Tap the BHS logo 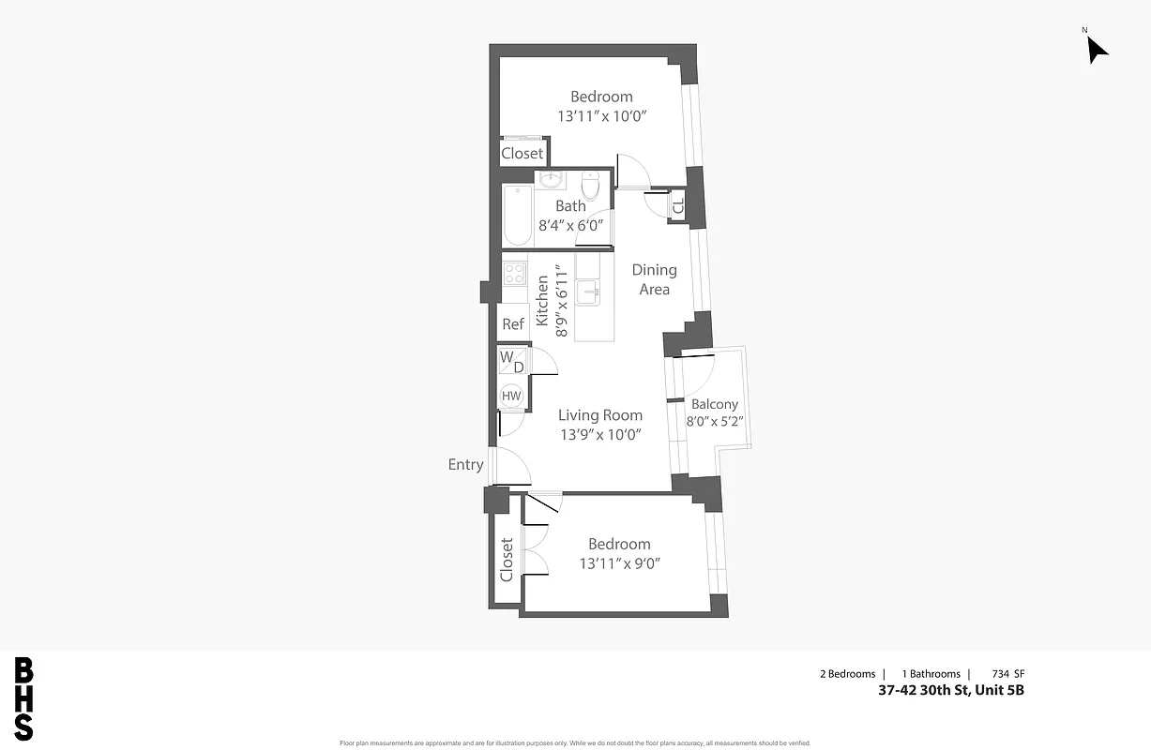click(x=24, y=699)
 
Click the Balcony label click(x=714, y=404)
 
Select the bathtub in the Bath click(x=517, y=216)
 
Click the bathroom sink click(x=550, y=180)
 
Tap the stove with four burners click(x=514, y=273)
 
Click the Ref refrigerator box click(x=513, y=324)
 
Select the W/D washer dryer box click(x=512, y=361)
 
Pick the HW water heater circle click(x=511, y=396)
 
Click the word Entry click(x=465, y=464)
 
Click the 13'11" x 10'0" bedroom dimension click(x=602, y=116)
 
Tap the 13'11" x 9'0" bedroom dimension click(x=620, y=563)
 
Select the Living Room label click(x=600, y=415)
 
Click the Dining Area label click(x=654, y=279)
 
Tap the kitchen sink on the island click(x=588, y=292)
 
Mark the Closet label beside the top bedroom click(x=522, y=153)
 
